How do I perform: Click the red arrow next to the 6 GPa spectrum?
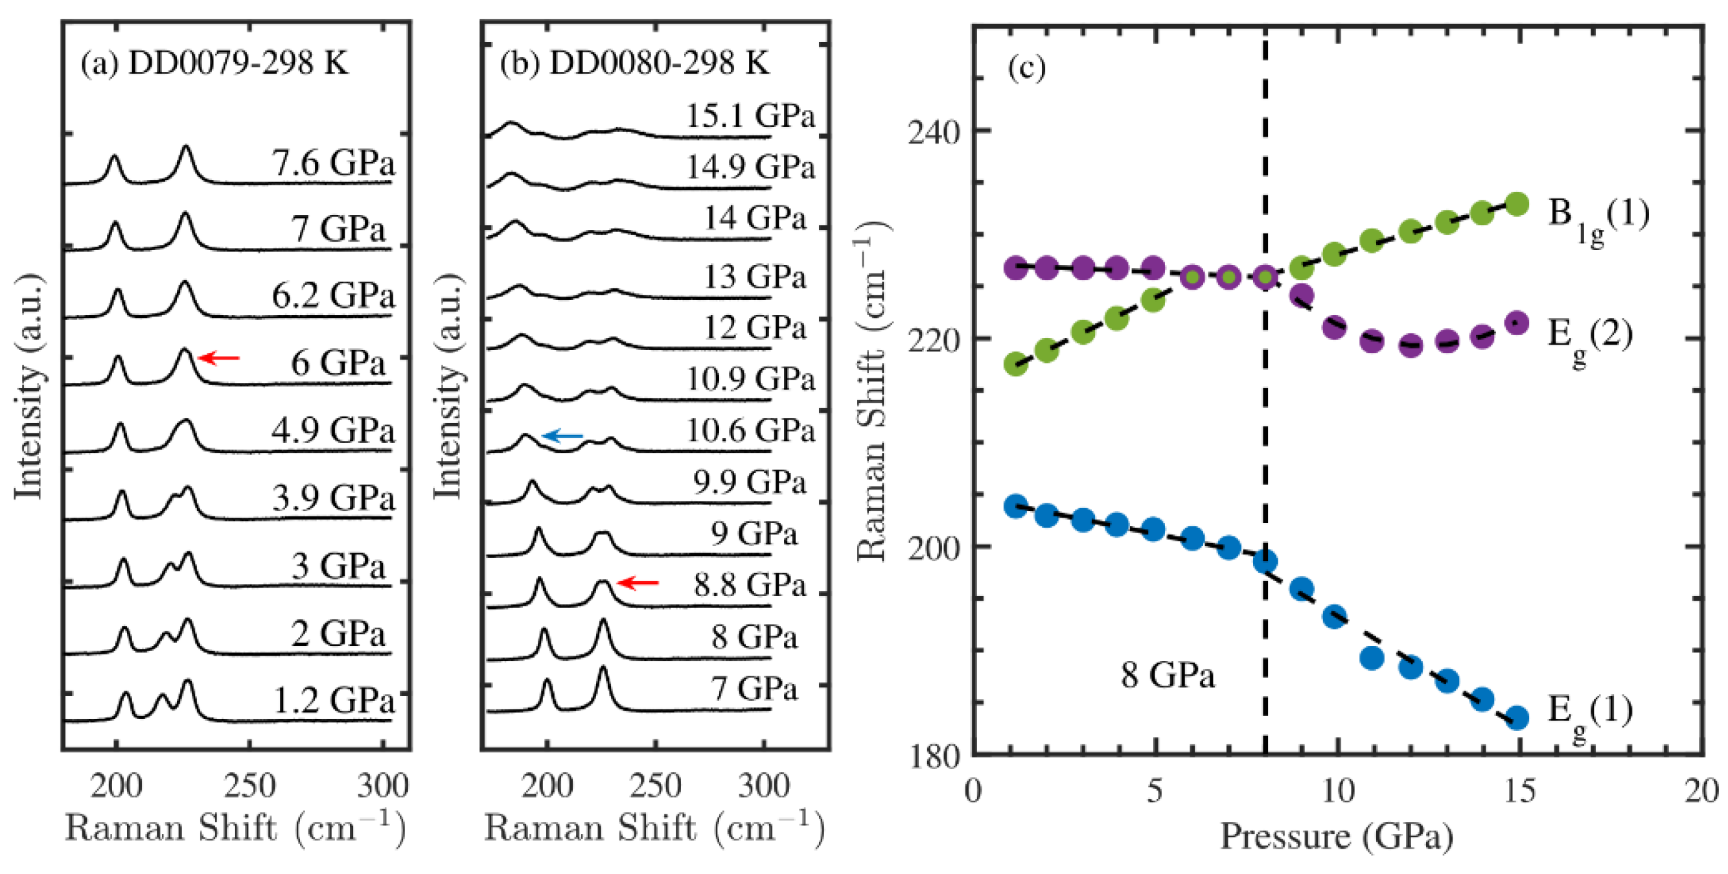tap(220, 358)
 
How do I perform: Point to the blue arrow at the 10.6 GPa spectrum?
tap(562, 437)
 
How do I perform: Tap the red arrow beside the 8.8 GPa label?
tap(638, 583)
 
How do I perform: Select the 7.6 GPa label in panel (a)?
tap(333, 163)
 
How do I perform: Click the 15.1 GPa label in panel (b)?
tap(749, 115)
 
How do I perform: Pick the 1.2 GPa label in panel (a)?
tap(334, 701)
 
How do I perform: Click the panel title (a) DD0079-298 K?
tap(214, 63)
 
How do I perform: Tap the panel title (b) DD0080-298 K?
tap(634, 63)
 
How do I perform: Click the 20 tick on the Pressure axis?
tap(1701, 791)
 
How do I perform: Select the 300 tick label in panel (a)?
tap(382, 785)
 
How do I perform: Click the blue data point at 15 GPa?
tap(1517, 718)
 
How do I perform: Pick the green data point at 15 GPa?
tap(1517, 204)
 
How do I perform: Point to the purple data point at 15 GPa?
tap(1517, 323)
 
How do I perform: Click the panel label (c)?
tap(1026, 68)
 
